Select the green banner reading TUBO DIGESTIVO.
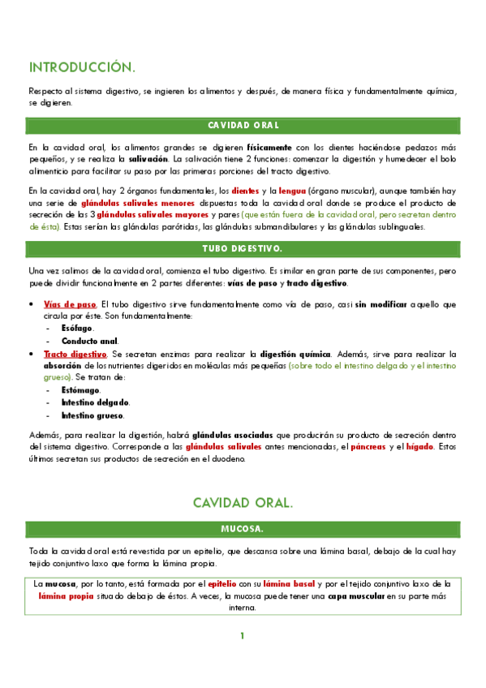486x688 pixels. coord(243,247)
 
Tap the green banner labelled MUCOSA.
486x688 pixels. coord(243,529)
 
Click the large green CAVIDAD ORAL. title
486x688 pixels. coord(243,503)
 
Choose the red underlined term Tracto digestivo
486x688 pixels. coord(74,355)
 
